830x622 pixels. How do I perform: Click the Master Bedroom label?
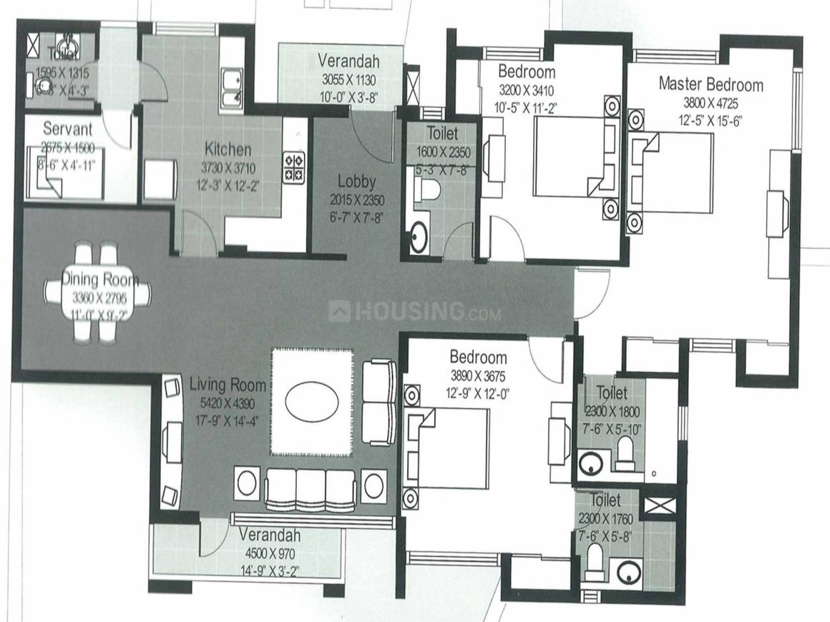[x=711, y=84]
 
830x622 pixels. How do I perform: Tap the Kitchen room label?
[x=228, y=149]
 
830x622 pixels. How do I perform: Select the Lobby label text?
[x=356, y=182]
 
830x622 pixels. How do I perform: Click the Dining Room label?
[x=99, y=279]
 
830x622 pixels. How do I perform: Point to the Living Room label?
[x=228, y=386]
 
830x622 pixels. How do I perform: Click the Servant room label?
[x=67, y=129]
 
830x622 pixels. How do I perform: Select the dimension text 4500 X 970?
[x=269, y=553]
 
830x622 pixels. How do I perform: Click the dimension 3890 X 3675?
[x=478, y=375]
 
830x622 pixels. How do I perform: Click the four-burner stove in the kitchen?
[x=294, y=167]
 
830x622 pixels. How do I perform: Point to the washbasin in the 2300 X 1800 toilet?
[x=592, y=463]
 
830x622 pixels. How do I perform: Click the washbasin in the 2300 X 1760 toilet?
[x=628, y=572]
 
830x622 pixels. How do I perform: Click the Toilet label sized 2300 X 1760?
[x=605, y=499]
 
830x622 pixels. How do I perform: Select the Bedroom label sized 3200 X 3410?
[x=527, y=71]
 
